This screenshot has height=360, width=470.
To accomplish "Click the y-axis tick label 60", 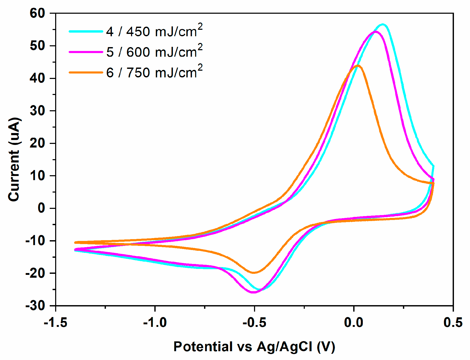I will coord(38,13).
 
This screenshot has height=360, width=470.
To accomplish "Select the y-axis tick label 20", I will coord(38,143).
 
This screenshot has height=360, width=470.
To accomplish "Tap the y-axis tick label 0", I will coord(41,208).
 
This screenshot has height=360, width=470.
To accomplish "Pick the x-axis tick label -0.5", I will coord(254,323).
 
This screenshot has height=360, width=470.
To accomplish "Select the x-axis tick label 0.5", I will coord(453,323).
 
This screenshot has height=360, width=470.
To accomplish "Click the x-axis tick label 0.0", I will coord(354,323).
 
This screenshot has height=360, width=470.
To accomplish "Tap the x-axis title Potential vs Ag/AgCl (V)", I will coord(254,347).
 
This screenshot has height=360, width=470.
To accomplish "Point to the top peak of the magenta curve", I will coord(375,32).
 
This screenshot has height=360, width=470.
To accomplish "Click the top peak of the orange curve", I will coord(358,66).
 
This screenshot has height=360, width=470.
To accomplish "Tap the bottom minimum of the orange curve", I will coord(254,273).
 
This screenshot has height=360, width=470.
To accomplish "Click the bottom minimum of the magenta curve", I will coord(253,292).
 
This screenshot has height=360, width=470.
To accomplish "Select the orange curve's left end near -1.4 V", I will coord(75,243).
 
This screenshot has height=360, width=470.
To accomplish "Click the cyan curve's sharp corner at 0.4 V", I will coord(433,166).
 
